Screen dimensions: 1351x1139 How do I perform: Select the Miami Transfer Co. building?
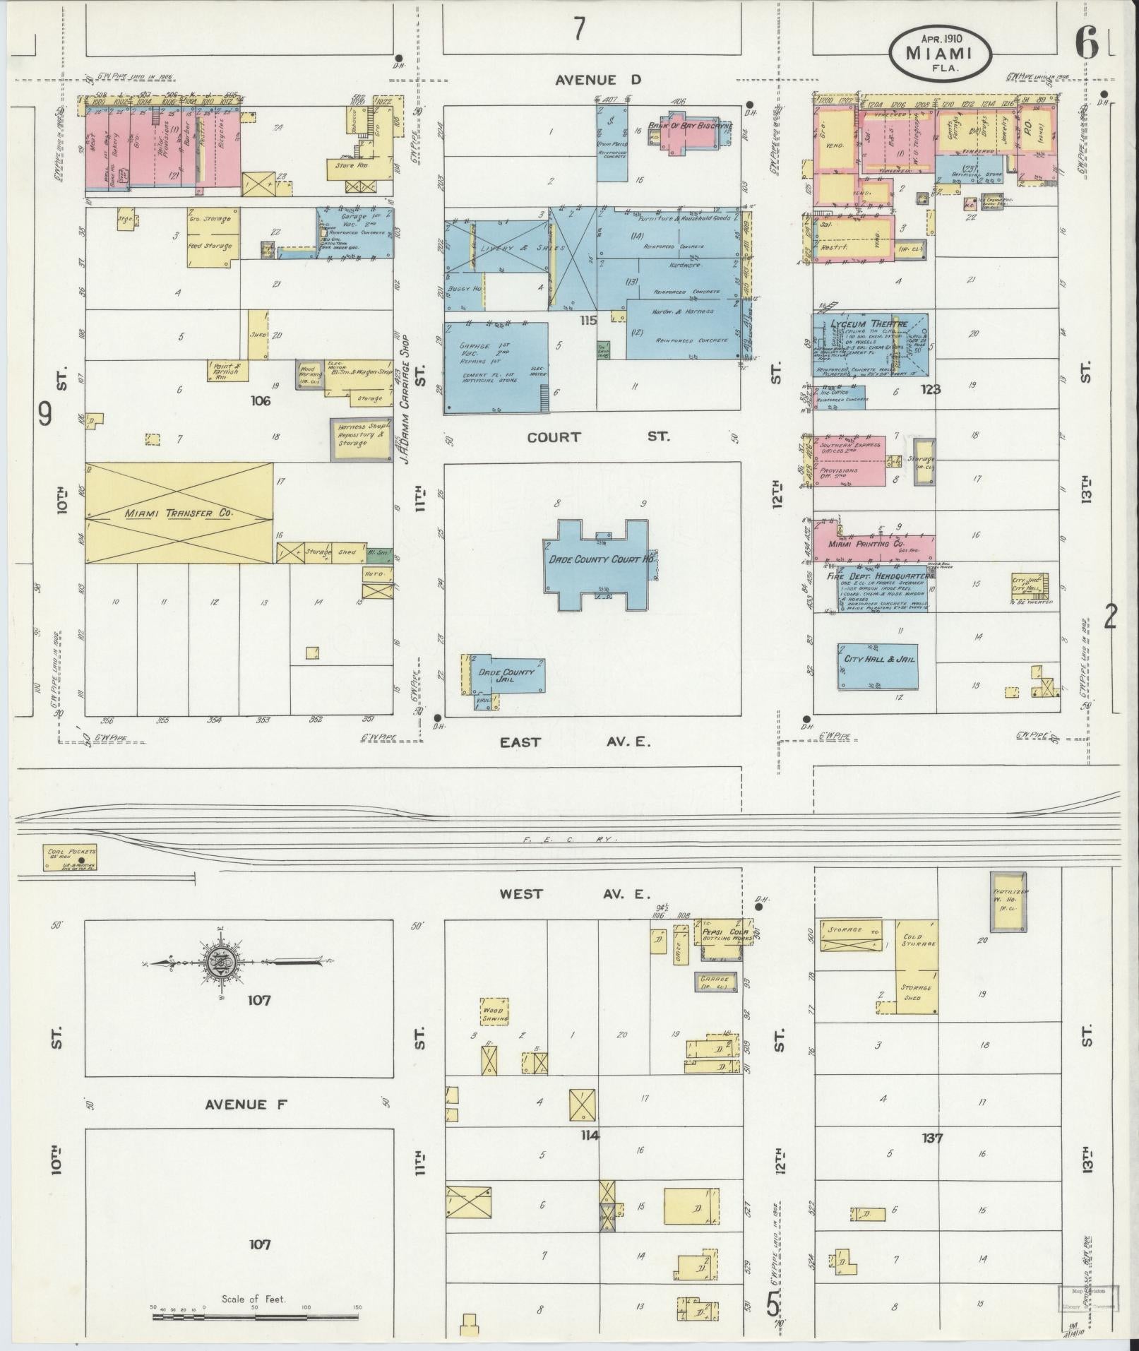(x=179, y=513)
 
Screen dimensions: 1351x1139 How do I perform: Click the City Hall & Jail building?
(x=878, y=667)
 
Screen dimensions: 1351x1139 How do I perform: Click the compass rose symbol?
(x=217, y=962)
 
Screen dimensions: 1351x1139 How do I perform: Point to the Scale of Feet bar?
(x=256, y=1316)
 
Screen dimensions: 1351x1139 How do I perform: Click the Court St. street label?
(x=597, y=437)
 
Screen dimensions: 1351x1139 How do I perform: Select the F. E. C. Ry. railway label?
(x=569, y=839)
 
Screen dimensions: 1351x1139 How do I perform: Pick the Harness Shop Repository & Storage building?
(x=361, y=440)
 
